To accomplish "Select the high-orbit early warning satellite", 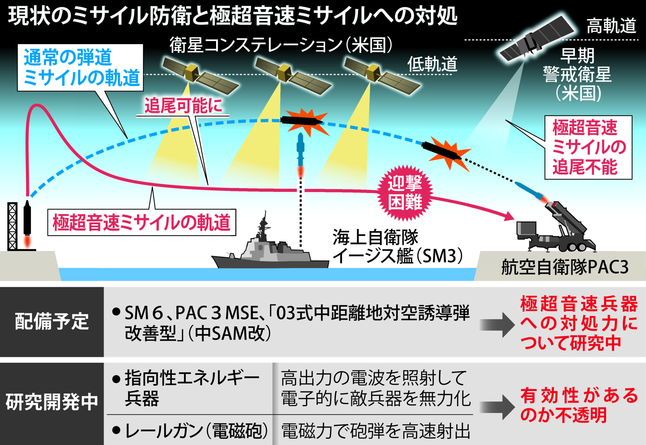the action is coord(536,38).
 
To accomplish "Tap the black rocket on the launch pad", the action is coord(27,219).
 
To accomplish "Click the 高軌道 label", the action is coord(611,26).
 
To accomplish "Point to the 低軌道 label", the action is coord(432,64).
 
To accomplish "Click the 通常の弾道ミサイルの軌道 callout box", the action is coord(80,67).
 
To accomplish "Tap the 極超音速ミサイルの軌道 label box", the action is coord(142,222).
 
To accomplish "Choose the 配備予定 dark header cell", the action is coord(52,322).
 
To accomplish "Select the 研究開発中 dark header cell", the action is coord(52,403).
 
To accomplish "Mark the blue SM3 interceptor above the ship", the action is coord(300,150).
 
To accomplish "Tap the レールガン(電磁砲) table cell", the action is coord(191,430).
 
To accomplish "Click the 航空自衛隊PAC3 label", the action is coord(565,267).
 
